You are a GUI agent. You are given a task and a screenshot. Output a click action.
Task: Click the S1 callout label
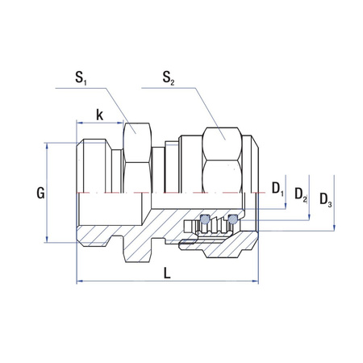pos(81,79)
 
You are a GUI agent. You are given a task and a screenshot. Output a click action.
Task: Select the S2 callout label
pos(168,79)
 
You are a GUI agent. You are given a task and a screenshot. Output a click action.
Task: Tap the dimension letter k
pos(99,115)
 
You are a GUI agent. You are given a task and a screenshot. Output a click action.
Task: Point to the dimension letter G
pos(41,193)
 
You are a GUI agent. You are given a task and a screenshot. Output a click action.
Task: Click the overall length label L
pos(167,273)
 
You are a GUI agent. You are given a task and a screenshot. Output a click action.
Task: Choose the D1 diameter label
pos(277,190)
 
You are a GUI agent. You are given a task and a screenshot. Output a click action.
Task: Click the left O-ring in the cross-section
pos(206,219)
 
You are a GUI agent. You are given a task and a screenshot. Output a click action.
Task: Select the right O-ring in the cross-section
pos(234,219)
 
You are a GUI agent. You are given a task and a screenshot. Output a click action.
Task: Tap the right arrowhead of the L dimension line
pos(257,282)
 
